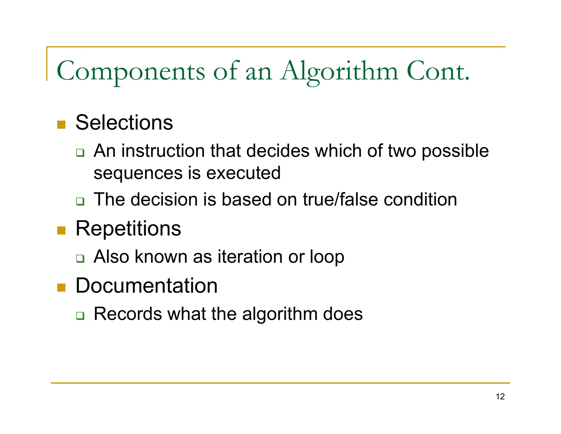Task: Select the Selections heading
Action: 124,122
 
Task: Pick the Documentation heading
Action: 147,286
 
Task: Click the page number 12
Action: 500,396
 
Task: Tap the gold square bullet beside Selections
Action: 61,125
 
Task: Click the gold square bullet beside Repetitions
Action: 61,230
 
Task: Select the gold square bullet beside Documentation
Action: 61,288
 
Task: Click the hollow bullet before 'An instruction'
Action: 80,153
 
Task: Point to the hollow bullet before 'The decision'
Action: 80,201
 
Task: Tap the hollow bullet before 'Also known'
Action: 80,258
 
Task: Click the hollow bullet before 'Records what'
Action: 80,316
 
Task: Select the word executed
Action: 243,173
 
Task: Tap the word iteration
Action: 250,257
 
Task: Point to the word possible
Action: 455,151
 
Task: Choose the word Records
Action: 128,314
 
